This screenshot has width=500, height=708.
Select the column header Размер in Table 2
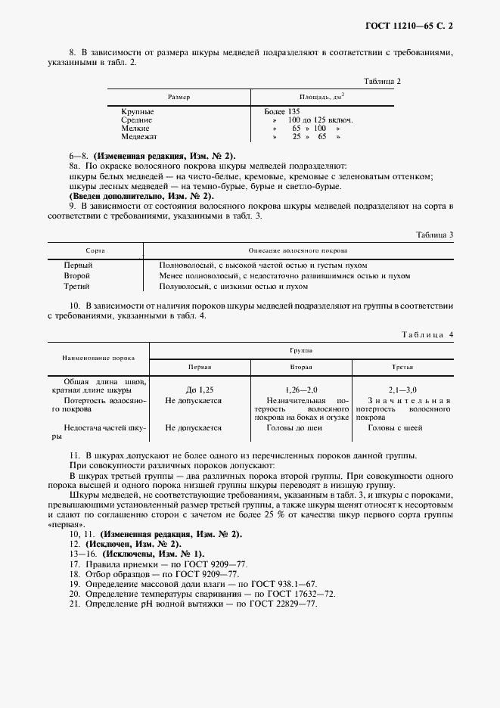tap(179, 97)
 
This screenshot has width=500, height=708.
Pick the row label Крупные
tap(138, 111)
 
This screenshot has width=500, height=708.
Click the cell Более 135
tap(282, 111)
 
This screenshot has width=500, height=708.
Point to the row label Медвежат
tap(139, 137)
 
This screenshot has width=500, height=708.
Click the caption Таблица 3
tap(434, 234)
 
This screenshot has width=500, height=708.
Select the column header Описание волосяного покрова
tap(298, 250)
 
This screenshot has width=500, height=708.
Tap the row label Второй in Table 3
tap(77, 276)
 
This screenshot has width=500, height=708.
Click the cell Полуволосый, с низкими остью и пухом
tap(234, 287)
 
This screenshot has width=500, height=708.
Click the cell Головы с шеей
tap(395, 427)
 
